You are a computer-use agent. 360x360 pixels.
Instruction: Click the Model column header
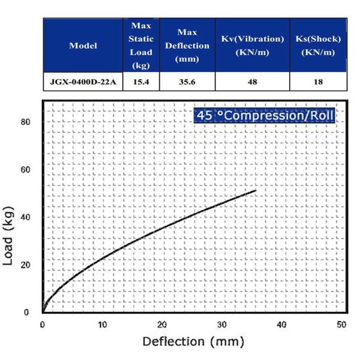[x=83, y=46]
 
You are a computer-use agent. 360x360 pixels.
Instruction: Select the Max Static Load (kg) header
[x=142, y=46]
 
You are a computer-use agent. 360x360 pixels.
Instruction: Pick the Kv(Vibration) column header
[x=252, y=46]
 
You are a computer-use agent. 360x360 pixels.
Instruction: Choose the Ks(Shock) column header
[x=318, y=46]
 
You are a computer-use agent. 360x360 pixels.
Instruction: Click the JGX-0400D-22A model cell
[x=83, y=82]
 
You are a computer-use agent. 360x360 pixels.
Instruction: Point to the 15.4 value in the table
[x=142, y=82]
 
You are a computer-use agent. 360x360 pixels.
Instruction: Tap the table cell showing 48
[x=252, y=82]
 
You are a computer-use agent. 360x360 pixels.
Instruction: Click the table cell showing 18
[x=318, y=82]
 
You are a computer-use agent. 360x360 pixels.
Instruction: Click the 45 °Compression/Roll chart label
[x=265, y=115]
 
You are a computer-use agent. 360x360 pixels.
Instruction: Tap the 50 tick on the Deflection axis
[x=341, y=325]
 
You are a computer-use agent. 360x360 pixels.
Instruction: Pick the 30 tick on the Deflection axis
[x=222, y=325]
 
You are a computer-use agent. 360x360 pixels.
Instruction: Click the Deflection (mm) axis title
[x=193, y=342]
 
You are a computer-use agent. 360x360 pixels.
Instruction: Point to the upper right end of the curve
[x=256, y=191]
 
